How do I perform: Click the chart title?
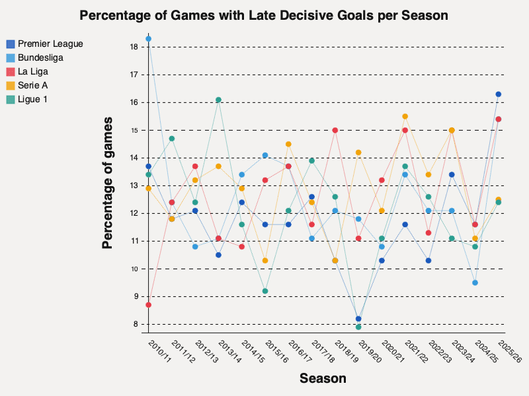(264, 15)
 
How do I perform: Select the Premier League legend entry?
(50, 44)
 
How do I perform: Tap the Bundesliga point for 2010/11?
(149, 39)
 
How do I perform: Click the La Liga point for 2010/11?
(149, 305)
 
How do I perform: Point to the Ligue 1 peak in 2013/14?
(218, 100)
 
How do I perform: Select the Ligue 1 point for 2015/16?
(265, 291)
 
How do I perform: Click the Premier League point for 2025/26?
(499, 94)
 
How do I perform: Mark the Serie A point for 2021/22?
(405, 116)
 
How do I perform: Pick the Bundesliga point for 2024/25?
(475, 282)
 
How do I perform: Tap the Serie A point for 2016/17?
(288, 144)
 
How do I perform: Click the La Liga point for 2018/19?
(335, 130)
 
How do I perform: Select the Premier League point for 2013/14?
(218, 255)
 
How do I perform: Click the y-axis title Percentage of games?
(108, 183)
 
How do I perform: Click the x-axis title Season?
(323, 378)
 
